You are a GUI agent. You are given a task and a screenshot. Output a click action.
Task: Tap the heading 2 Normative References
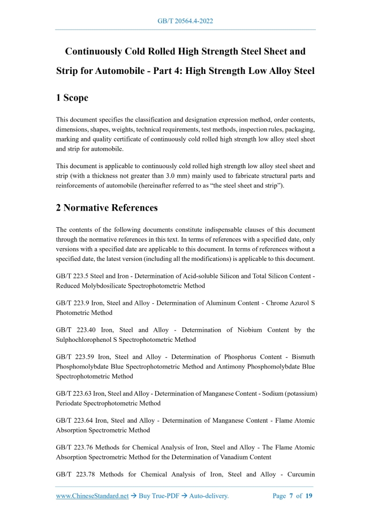point(107,207)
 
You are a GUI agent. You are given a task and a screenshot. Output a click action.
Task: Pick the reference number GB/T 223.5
point(73,276)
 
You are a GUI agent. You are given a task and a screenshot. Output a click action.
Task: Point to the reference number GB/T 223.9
point(73,303)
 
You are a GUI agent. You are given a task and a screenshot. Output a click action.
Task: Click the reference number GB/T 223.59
point(75,357)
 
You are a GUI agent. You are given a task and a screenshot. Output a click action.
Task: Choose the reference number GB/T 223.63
point(75,394)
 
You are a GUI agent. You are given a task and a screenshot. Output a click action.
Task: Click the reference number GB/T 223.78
point(76,475)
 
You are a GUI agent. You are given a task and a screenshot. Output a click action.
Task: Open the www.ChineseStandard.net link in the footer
point(92,496)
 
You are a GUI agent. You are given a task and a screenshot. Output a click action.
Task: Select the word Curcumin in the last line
point(298,475)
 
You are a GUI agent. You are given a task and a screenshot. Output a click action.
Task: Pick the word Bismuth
point(301,357)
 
